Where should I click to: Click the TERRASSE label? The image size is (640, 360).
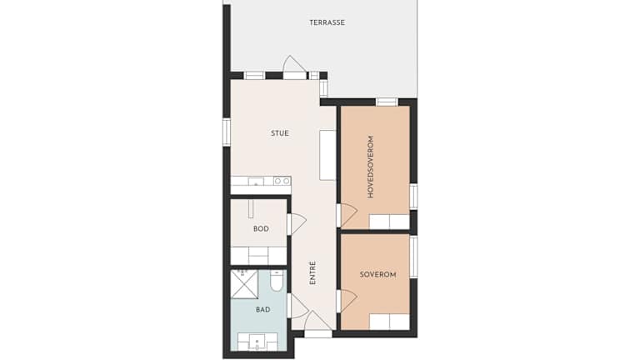click(327, 22)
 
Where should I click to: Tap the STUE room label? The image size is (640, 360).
click(280, 133)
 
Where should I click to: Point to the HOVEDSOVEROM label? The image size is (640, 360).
click(370, 167)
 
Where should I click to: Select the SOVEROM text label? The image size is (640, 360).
click(377, 274)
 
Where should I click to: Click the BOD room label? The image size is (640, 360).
click(261, 228)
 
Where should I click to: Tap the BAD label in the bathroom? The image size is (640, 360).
click(262, 309)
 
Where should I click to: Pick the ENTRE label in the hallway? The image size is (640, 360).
click(312, 272)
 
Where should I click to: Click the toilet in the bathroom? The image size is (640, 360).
click(277, 280)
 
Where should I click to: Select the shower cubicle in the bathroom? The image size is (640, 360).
click(244, 284)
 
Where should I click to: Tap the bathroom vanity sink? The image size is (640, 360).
click(257, 342)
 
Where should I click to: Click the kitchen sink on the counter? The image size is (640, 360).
click(256, 181)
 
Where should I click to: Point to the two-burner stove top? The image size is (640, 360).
click(282, 181)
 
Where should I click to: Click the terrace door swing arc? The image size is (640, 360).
click(295, 65)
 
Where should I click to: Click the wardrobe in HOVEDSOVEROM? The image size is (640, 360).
click(389, 222)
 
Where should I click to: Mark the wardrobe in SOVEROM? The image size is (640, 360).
click(389, 322)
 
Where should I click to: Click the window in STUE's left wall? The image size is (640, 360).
click(227, 132)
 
